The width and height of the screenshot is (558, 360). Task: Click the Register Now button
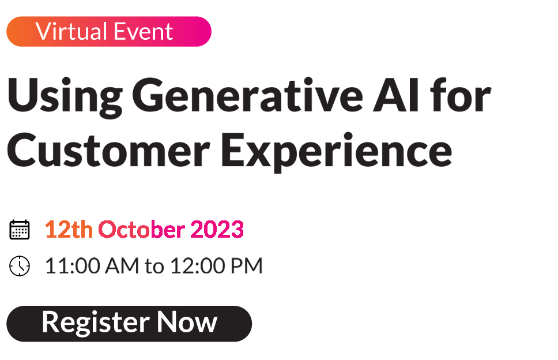pyautogui.click(x=129, y=323)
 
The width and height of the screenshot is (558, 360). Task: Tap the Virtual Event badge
pyautogui.click(x=109, y=31)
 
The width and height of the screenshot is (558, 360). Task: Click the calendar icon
pyautogui.click(x=20, y=230)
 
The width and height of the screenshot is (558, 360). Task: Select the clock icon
pyautogui.click(x=20, y=265)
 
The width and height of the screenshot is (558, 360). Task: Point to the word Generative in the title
pyautogui.click(x=248, y=95)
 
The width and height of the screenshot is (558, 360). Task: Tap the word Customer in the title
pyautogui.click(x=108, y=150)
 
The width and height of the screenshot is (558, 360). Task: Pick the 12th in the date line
pyautogui.click(x=69, y=229)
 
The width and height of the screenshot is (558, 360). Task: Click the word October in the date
pyautogui.click(x=141, y=229)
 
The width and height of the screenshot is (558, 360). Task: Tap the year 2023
pyautogui.click(x=217, y=229)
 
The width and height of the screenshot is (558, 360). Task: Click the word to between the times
pyautogui.click(x=154, y=267)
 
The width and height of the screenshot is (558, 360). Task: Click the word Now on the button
pyautogui.click(x=187, y=322)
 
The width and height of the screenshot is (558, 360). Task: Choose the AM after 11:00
pyautogui.click(x=122, y=265)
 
